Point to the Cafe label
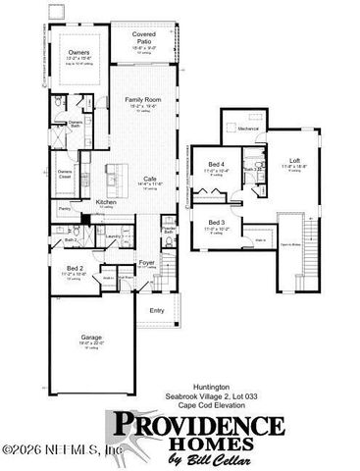[x=145, y=179]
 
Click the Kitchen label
[x=106, y=201]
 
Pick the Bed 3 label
[x=216, y=223]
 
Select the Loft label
[x=294, y=160]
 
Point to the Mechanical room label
[x=246, y=129]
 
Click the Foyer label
[x=146, y=262]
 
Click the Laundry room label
[x=113, y=236]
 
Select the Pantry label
[x=65, y=209]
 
